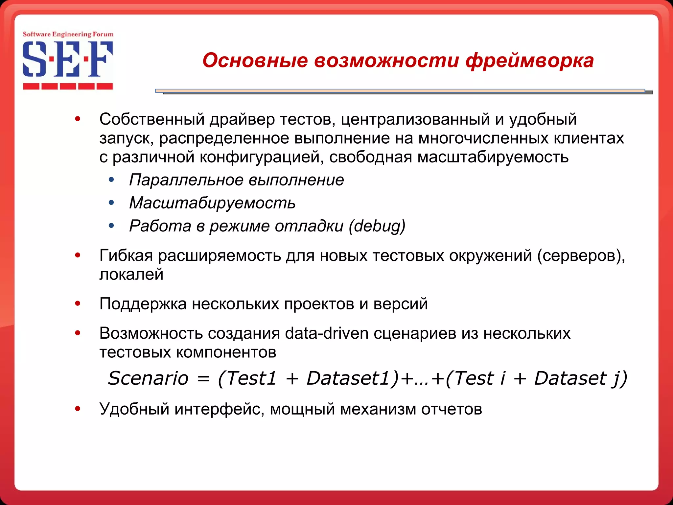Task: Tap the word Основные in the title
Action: [255, 61]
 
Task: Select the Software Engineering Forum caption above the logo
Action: [68, 34]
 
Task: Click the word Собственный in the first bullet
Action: [152, 119]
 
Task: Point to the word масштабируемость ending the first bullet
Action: [493, 157]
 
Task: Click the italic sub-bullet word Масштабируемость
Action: [212, 203]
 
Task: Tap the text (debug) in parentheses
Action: [377, 226]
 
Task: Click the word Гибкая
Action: [126, 255]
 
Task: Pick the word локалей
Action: [131, 274]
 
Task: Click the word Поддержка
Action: [143, 304]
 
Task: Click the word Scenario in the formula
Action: [148, 378]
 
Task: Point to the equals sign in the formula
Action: [203, 379]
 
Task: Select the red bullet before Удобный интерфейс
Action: [78, 409]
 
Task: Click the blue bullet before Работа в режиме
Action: [111, 226]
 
